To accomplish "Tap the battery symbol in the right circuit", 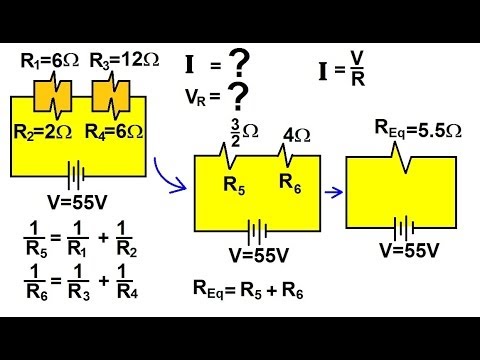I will (405, 226).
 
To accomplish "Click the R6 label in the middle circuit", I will (291, 183).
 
